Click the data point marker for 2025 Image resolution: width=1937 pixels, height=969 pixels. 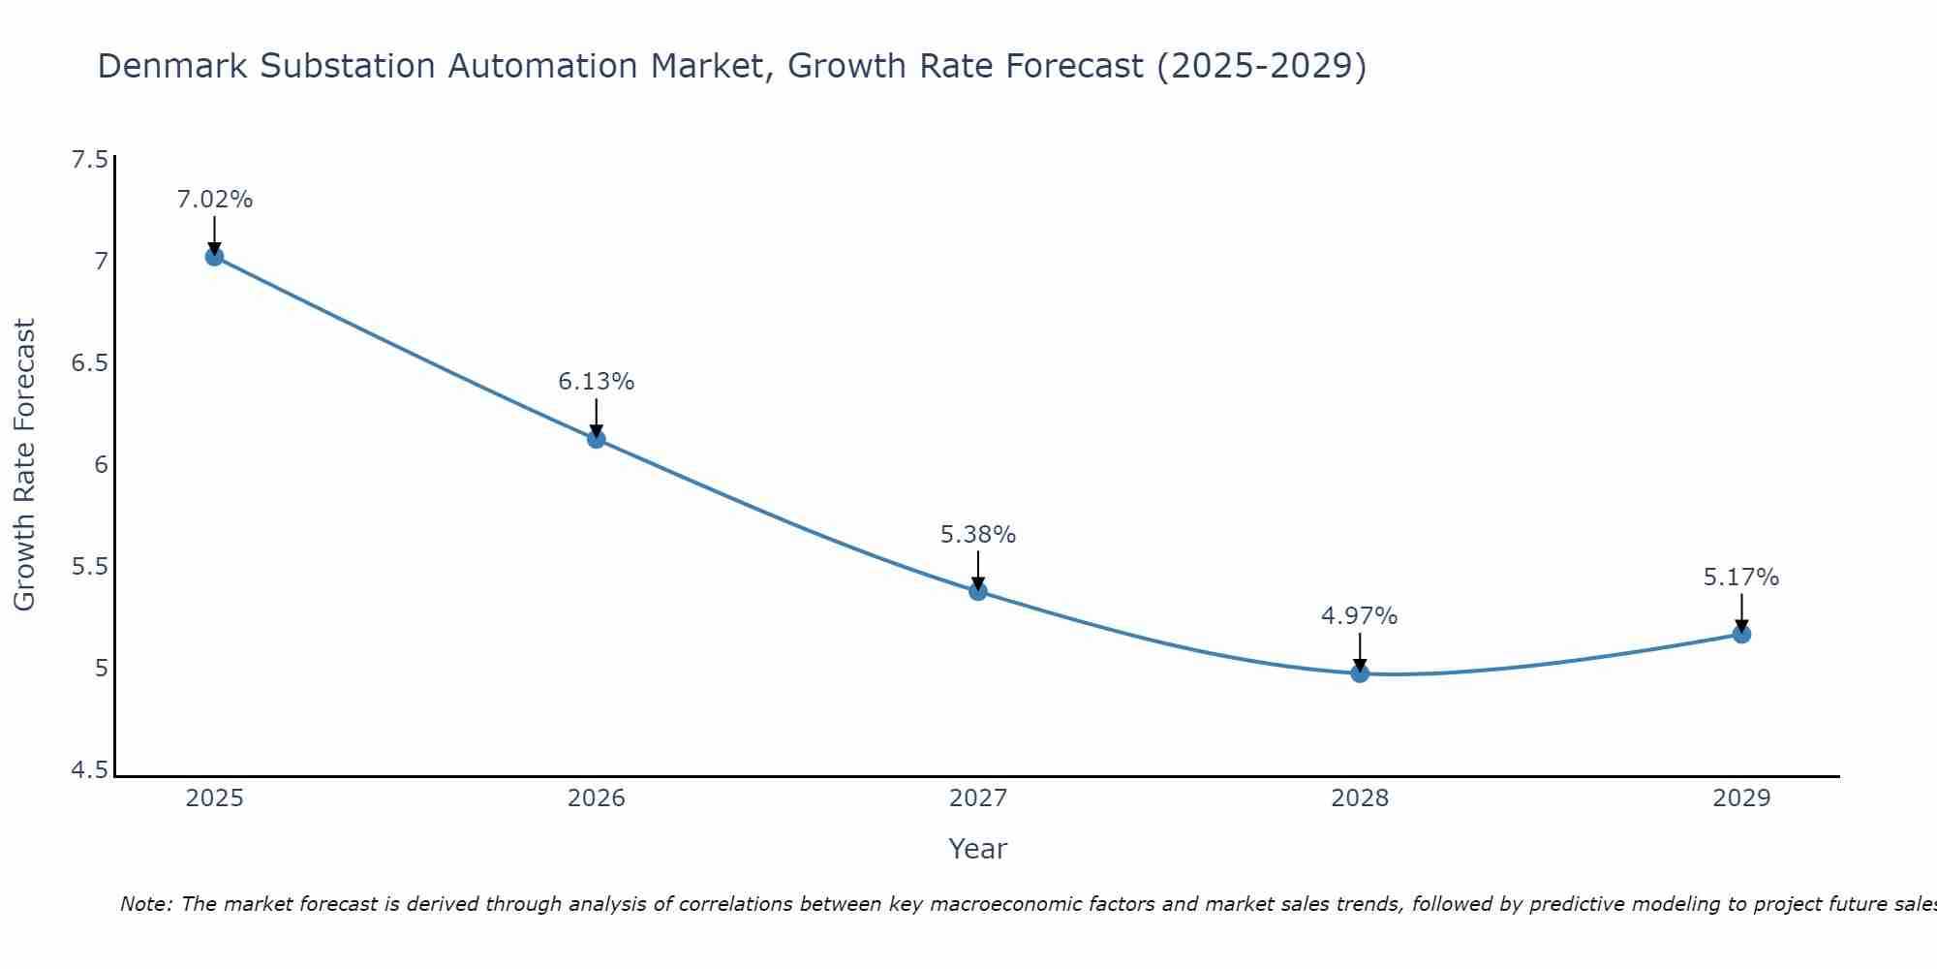pos(214,257)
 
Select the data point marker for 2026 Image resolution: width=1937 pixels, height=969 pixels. pos(597,439)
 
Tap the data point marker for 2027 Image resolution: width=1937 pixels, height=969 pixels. pos(978,591)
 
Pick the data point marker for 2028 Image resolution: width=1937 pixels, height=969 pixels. pos(1360,673)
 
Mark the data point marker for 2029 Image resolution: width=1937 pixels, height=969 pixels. pos(1741,635)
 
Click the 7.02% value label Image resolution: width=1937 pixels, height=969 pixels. pos(214,200)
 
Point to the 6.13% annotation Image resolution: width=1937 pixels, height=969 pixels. pos(597,382)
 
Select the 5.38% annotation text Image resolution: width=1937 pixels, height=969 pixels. pos(978,535)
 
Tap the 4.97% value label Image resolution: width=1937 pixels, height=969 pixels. pos(1360,616)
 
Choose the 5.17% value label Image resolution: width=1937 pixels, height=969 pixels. pos(1741,578)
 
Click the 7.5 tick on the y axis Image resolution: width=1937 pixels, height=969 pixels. pos(89,160)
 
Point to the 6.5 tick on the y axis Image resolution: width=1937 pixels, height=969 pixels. pos(89,363)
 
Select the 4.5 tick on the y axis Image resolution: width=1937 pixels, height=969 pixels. pos(89,770)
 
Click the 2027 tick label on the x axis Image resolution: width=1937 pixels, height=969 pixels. pos(978,798)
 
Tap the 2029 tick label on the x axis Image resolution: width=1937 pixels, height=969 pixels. pos(1741,798)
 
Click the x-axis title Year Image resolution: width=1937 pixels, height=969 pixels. pos(978,849)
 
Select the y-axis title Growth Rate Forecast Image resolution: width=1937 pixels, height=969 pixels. pos(25,464)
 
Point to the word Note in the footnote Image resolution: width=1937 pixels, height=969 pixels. pos(145,904)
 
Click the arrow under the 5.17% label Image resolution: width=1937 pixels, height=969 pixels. pos(1741,612)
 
